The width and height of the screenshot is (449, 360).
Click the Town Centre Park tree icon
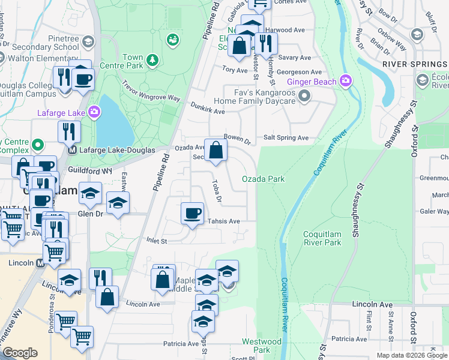(153, 60)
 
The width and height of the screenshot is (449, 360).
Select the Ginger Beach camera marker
(345, 80)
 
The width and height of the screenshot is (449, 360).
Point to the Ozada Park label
(263, 179)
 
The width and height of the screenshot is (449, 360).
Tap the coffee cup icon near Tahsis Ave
(192, 214)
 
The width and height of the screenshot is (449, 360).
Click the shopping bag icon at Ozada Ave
(215, 151)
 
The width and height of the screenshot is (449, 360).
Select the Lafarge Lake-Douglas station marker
(72, 150)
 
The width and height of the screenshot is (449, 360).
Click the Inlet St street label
(156, 241)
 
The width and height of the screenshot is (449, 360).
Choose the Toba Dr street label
(217, 191)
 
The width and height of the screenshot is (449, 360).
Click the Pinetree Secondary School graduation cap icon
(88, 41)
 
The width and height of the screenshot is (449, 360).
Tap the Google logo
(20, 353)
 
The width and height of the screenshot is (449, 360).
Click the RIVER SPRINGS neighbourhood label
(415, 64)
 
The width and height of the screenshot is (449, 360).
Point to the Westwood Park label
(262, 346)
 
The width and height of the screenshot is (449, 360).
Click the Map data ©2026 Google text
(411, 355)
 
